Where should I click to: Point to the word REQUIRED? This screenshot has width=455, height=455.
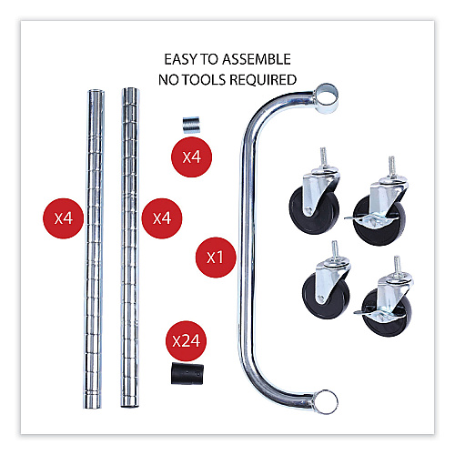(x=263, y=80)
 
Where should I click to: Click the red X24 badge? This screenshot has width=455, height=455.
(x=186, y=341)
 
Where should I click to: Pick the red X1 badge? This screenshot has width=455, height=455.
(x=216, y=258)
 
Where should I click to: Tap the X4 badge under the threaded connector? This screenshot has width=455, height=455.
(x=191, y=157)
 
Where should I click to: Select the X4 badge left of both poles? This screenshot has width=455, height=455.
(x=63, y=218)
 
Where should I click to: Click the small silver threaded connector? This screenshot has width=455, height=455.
(x=191, y=125)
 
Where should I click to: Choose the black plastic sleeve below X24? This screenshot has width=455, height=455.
(x=187, y=374)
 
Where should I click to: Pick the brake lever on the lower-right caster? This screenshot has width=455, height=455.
(x=361, y=312)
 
